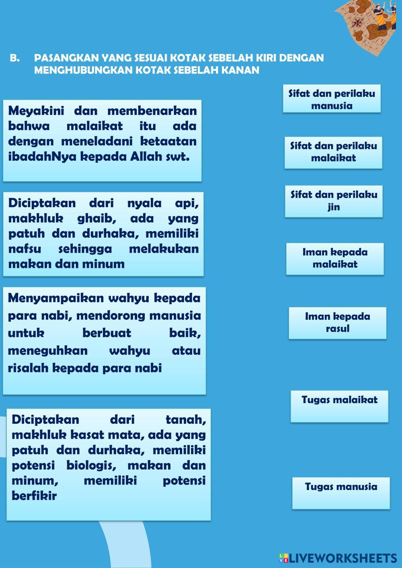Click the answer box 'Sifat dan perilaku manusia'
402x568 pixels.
[332, 99]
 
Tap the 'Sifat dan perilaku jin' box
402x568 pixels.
[334, 201]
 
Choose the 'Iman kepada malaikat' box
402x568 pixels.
[335, 258]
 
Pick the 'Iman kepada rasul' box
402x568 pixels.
[337, 323]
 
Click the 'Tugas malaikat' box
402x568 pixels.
[339, 406]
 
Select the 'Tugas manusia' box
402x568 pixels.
[341, 492]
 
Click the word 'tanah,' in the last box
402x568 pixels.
[185, 420]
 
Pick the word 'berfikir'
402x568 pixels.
[34, 496]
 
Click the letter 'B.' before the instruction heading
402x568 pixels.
[15, 58]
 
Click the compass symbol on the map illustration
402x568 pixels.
[357, 22]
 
